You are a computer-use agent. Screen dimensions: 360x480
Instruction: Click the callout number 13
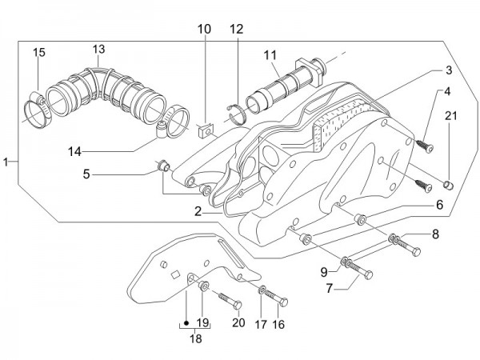point(98,49)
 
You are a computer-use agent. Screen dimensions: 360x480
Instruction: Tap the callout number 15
point(38,53)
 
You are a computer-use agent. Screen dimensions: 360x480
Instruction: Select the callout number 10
point(205,30)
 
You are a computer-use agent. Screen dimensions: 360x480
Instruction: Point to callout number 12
point(236,30)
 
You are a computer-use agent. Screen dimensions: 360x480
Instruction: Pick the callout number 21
point(450,117)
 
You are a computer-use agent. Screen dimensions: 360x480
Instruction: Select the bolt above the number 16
point(282,301)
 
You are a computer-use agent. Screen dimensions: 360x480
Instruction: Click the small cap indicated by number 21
point(450,185)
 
